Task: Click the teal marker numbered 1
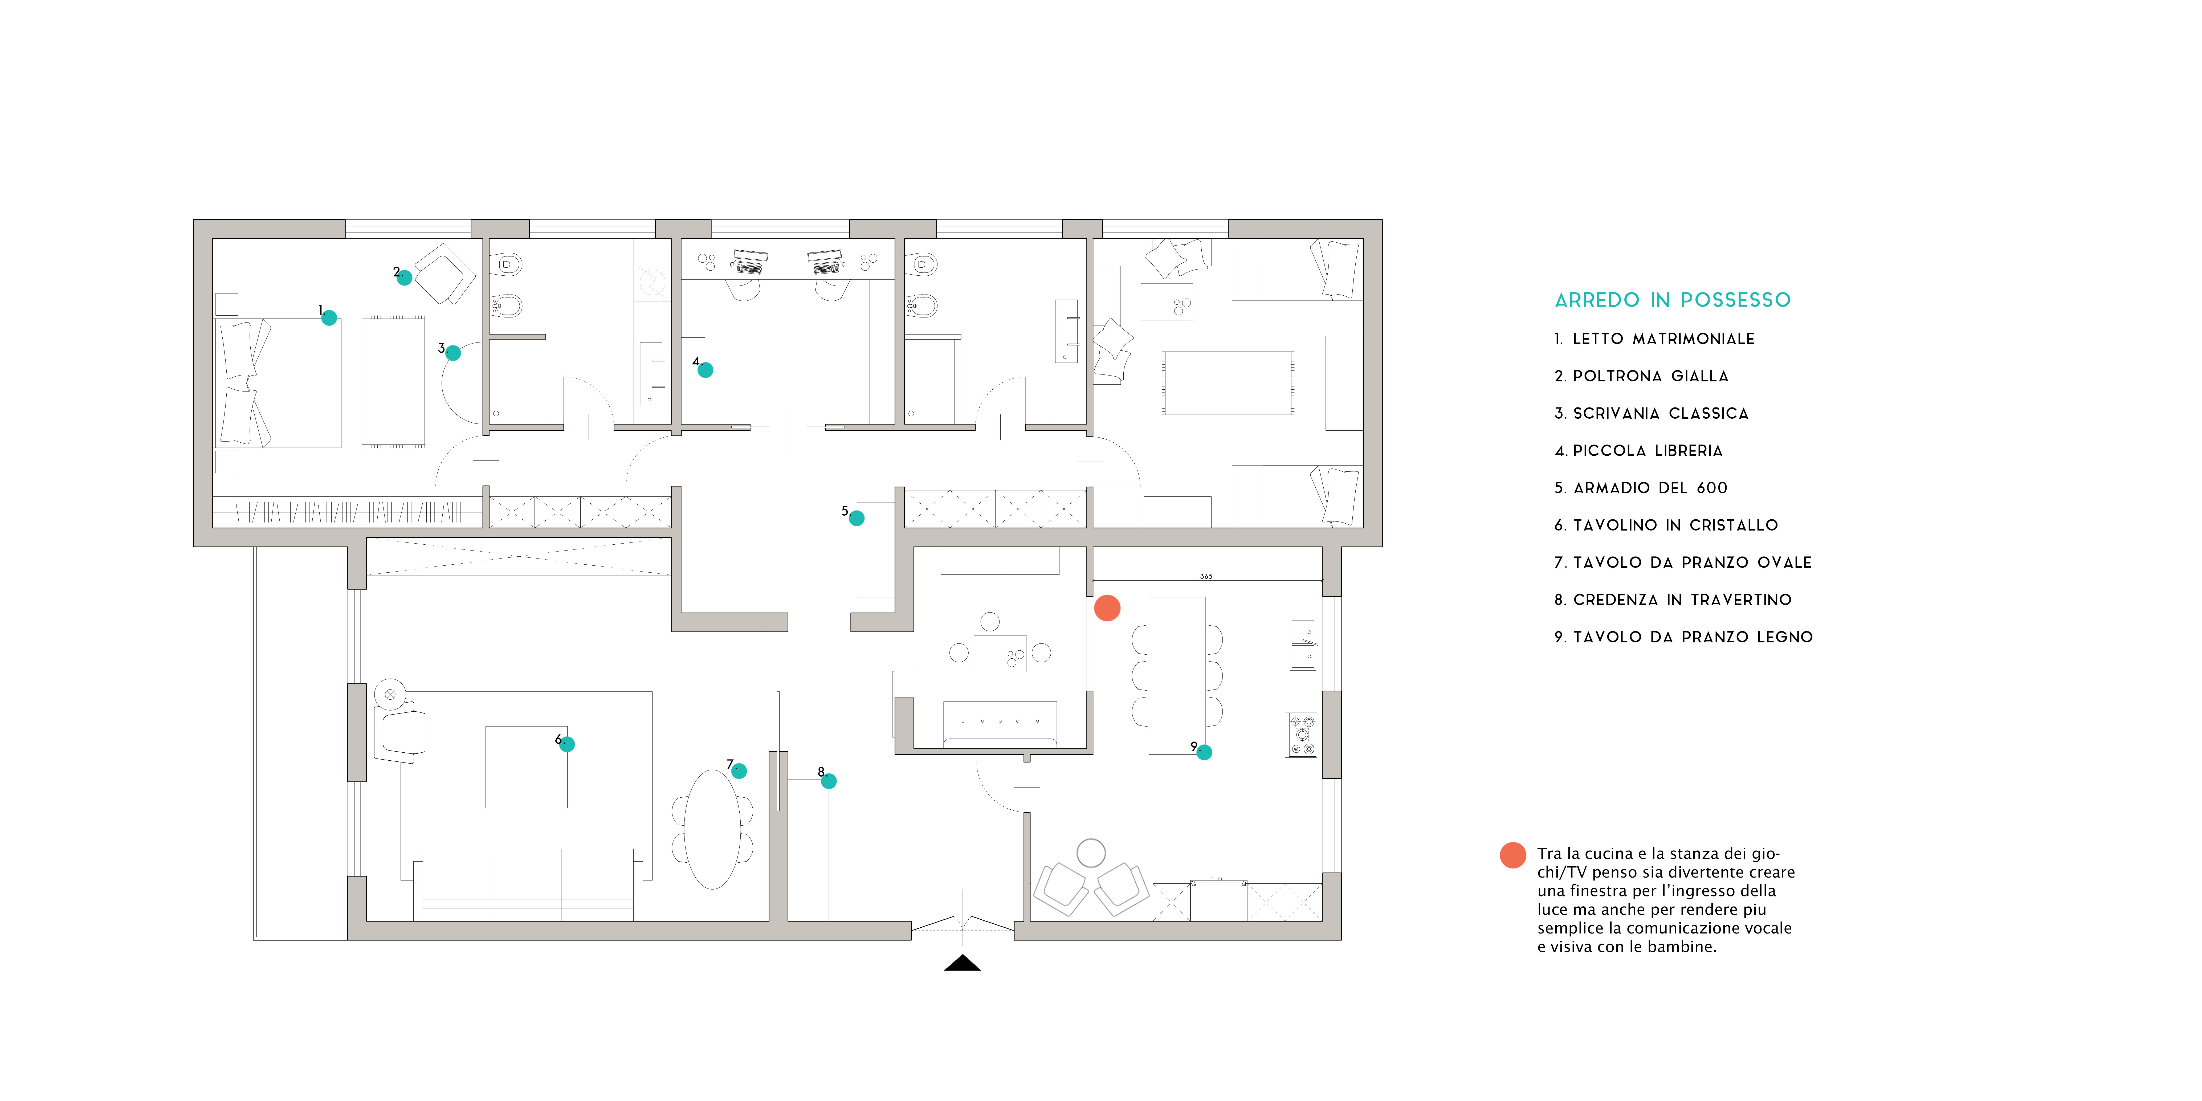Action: pos(329,318)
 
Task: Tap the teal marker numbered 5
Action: pos(857,518)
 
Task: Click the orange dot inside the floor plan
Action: pos(1107,608)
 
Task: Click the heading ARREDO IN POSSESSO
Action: pos(1672,300)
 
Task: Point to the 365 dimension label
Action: pos(1206,576)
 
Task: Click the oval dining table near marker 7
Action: pos(713,829)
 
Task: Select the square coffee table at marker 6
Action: pos(526,767)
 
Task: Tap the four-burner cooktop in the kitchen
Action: pos(1302,734)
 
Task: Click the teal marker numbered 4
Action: pos(705,370)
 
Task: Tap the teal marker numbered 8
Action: pos(828,781)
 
